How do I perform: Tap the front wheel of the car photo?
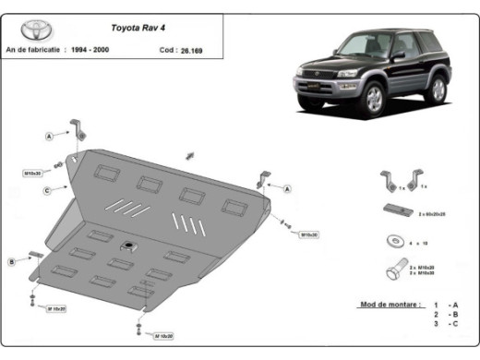click(x=373, y=100)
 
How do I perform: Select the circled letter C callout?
click(x=46, y=191)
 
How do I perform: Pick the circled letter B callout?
click(x=12, y=262)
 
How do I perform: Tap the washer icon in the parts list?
click(x=392, y=242)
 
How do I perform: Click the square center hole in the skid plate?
click(x=128, y=246)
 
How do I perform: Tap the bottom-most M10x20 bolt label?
click(x=165, y=335)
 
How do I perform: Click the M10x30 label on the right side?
click(x=307, y=234)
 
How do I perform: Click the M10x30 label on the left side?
click(x=34, y=172)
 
